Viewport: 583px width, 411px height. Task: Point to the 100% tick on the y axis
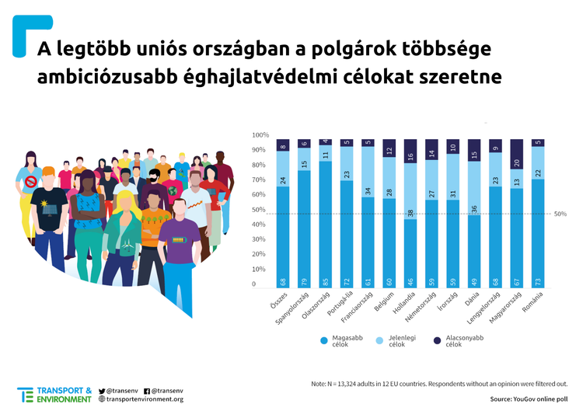pyautogui.click(x=260, y=134)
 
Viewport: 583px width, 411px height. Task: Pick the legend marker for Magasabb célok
pyautogui.click(x=322, y=340)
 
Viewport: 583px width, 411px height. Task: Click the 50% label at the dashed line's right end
pyautogui.click(x=560, y=214)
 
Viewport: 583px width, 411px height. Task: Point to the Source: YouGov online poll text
pyautogui.click(x=529, y=399)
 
